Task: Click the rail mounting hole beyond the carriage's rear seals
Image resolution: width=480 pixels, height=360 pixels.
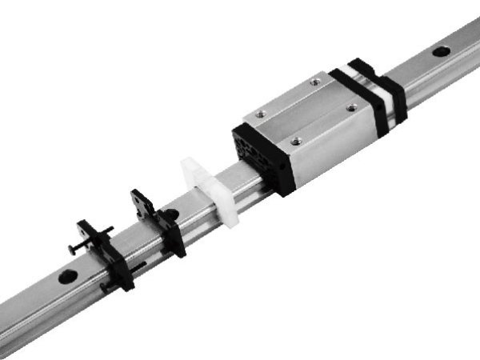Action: pyautogui.click(x=439, y=52)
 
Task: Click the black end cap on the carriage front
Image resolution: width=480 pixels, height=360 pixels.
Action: pyautogui.click(x=258, y=156)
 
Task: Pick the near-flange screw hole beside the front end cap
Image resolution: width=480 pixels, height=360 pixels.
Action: pyautogui.click(x=297, y=140)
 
